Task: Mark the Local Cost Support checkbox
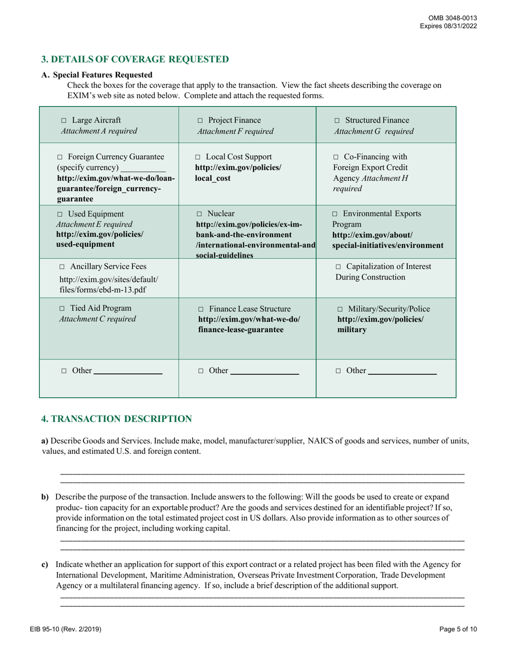(198, 157)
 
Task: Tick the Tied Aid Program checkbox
(62, 309)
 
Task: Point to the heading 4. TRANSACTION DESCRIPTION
(116, 419)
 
